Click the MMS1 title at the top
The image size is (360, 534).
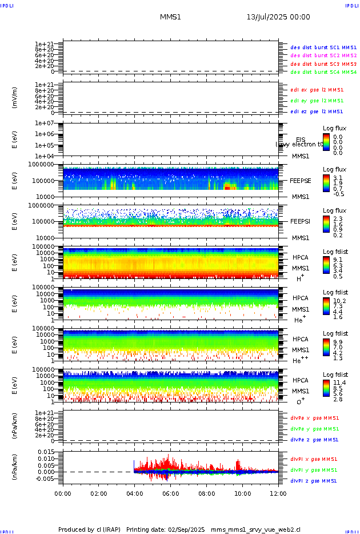[x=170, y=17]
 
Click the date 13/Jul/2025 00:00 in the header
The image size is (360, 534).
[x=278, y=17]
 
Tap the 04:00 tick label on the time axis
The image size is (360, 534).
[x=135, y=493]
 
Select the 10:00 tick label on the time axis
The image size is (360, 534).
[x=243, y=493]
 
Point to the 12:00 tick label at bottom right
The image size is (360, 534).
[x=278, y=493]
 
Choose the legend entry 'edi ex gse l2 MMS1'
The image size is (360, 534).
[x=317, y=90]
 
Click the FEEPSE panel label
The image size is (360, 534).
[x=301, y=180]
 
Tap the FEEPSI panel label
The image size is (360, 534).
[x=301, y=221]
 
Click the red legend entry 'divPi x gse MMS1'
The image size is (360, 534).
[x=314, y=459]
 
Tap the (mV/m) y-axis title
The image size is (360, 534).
[x=15, y=98]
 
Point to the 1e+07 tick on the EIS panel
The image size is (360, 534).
[x=44, y=123]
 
